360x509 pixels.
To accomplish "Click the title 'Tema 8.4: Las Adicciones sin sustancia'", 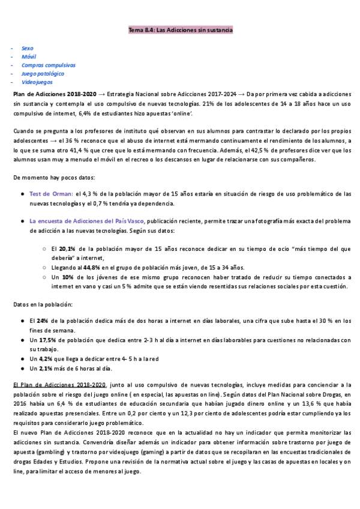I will pyautogui.click(x=181, y=29).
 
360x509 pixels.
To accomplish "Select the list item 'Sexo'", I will pyautogui.click(x=28, y=47).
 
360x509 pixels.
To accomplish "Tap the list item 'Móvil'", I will pyautogui.click(x=28, y=56).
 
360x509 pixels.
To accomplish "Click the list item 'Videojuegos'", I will pyautogui.click(x=37, y=82).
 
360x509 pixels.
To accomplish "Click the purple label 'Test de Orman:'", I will pyautogui.click(x=51, y=194).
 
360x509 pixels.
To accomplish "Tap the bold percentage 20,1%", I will pyautogui.click(x=67, y=248).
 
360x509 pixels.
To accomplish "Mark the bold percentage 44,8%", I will pyautogui.click(x=92, y=268).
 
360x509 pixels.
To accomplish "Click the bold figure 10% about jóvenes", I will pyautogui.click(x=67, y=277).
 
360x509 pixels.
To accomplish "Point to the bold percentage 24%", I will pyautogui.click(x=41, y=321).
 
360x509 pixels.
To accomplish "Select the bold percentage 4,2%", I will pyautogui.click(x=46, y=358).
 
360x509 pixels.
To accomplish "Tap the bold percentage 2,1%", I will pyautogui.click(x=46, y=368).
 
